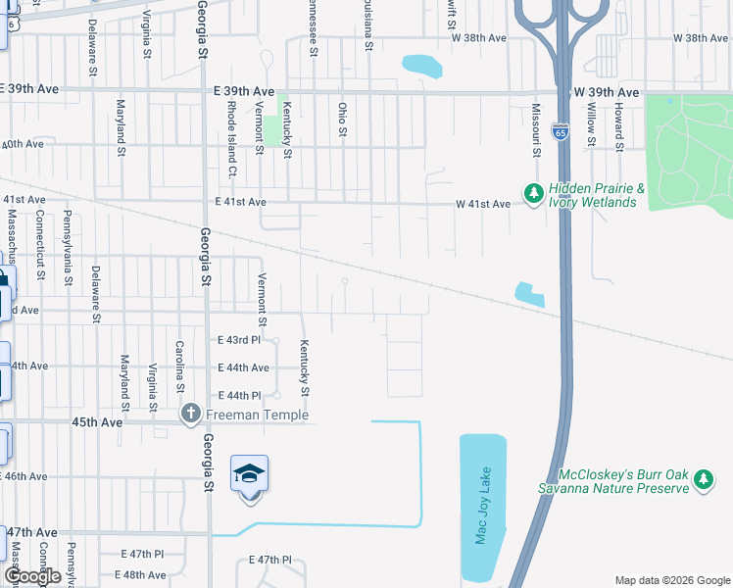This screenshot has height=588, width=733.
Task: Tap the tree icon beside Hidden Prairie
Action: [x=534, y=195]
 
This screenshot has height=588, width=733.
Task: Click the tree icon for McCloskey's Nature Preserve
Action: [x=703, y=480]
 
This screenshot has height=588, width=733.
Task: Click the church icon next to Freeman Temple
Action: [x=191, y=415]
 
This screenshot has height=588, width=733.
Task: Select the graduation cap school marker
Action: [x=250, y=475]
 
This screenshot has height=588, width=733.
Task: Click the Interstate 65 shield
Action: [x=560, y=131]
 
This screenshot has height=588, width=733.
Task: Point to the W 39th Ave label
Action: [x=607, y=92]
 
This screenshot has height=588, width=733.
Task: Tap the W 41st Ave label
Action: [x=483, y=204]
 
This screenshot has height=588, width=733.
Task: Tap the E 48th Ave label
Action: [x=140, y=575]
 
